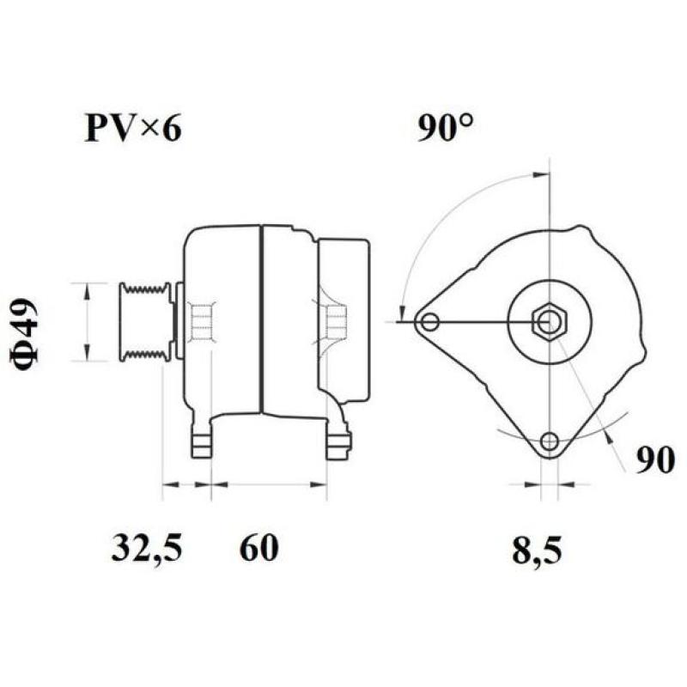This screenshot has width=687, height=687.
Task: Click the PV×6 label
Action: click(133, 129)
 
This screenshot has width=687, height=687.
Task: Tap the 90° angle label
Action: click(446, 129)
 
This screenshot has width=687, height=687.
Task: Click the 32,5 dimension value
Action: click(147, 548)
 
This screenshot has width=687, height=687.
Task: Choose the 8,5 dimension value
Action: click(537, 550)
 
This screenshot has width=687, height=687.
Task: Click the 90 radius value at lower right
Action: click(654, 461)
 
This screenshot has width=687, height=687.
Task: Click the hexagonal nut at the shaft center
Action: click(548, 322)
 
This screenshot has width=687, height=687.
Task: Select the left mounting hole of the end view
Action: click(429, 323)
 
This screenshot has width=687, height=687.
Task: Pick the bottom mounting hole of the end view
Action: click(550, 442)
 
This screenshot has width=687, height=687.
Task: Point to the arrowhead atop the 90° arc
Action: click(538, 174)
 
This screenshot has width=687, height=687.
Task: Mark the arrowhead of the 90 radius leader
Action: click(606, 434)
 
